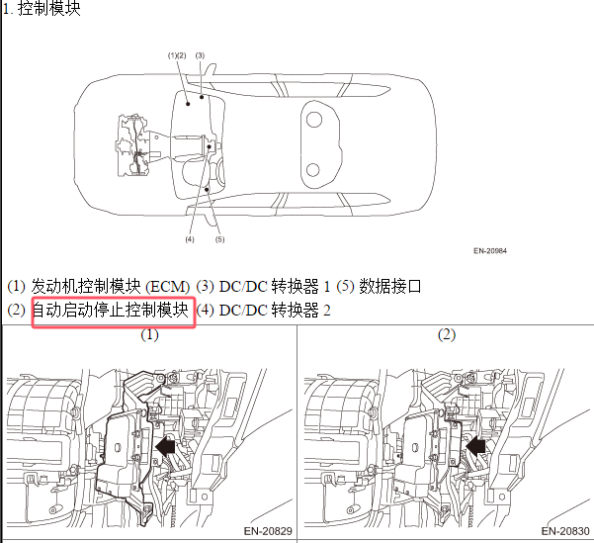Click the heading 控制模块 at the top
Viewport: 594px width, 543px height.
[48, 8]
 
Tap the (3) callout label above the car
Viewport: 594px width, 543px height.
[200, 55]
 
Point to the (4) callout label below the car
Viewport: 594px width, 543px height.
[190, 239]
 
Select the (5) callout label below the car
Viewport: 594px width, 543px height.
[219, 239]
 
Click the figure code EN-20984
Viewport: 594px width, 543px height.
[490, 250]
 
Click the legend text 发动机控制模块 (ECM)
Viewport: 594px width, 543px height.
[111, 286]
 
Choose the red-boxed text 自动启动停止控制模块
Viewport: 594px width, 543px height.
[111, 310]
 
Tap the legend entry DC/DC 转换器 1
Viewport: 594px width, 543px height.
[275, 286]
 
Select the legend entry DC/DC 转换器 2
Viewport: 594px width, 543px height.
[275, 311]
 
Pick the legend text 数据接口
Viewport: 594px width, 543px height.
[389, 286]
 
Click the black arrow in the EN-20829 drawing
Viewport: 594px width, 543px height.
[165, 446]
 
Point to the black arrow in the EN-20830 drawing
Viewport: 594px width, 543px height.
[475, 446]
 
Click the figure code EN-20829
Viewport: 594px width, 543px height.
[268, 531]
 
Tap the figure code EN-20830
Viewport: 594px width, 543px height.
[565, 531]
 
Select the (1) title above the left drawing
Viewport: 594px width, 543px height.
[149, 335]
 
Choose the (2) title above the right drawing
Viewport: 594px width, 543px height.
[447, 335]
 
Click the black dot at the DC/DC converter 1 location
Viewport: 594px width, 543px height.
[202, 97]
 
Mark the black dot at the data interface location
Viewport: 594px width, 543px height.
[207, 189]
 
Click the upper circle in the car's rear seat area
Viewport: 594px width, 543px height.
[313, 120]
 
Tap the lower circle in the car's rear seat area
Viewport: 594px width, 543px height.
[313, 170]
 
